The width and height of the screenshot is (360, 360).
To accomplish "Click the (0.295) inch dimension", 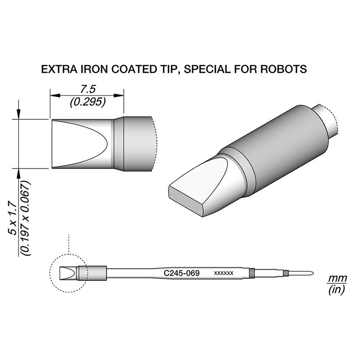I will click(88, 103).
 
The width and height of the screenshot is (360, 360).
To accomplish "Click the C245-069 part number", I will click(181, 273).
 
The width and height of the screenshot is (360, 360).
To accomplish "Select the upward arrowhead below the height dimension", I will click(18, 173).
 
